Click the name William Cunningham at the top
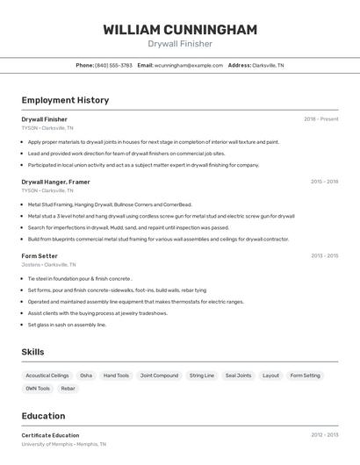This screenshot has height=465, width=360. pos(180,30)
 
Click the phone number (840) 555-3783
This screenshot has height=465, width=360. pos(113,65)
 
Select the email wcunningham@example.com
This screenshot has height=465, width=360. pos(188,65)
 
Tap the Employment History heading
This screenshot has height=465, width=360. pos(65,100)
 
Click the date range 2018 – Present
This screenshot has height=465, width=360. pos(320,119)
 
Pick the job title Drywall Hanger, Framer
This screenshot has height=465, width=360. pos(55,182)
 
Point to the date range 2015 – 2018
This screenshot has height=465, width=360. pos(324,182)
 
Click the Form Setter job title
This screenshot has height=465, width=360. pos(40,256)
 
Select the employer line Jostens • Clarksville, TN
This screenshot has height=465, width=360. pos(48,264)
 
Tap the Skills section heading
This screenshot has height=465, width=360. pos(33,352)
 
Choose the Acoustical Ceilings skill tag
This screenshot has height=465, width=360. pos(47,376)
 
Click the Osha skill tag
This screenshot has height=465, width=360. pos(86,376)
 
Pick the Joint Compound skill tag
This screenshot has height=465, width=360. pos(159,376)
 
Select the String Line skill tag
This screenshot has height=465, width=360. pos(202,376)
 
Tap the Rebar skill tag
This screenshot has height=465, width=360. pos(68,388)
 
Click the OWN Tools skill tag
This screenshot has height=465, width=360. pos(38,388)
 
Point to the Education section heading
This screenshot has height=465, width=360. pos(43,416)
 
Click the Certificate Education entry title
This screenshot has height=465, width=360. pos(50,435)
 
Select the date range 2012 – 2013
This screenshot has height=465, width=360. pos(324,435)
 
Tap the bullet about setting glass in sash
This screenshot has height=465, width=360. pos(67,325)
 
